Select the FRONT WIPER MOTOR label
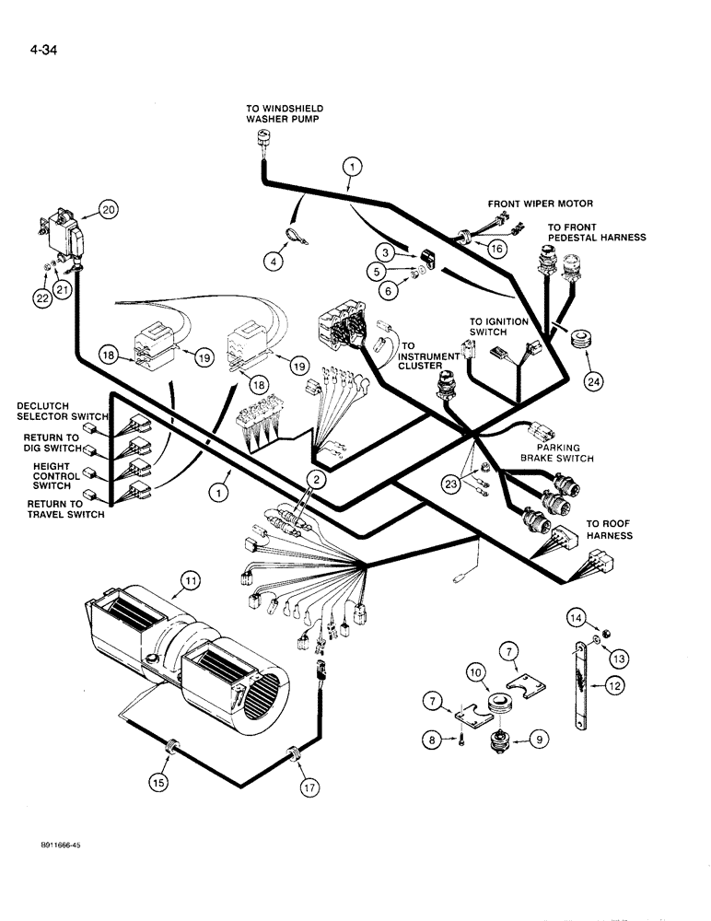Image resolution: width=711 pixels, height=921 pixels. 541,203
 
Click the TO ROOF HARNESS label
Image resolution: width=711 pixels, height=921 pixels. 610,529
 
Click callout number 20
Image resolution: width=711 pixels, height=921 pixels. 109,210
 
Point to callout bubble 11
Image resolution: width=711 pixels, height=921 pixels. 191,580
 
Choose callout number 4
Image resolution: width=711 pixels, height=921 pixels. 273,262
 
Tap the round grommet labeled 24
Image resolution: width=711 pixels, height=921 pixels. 580,340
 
